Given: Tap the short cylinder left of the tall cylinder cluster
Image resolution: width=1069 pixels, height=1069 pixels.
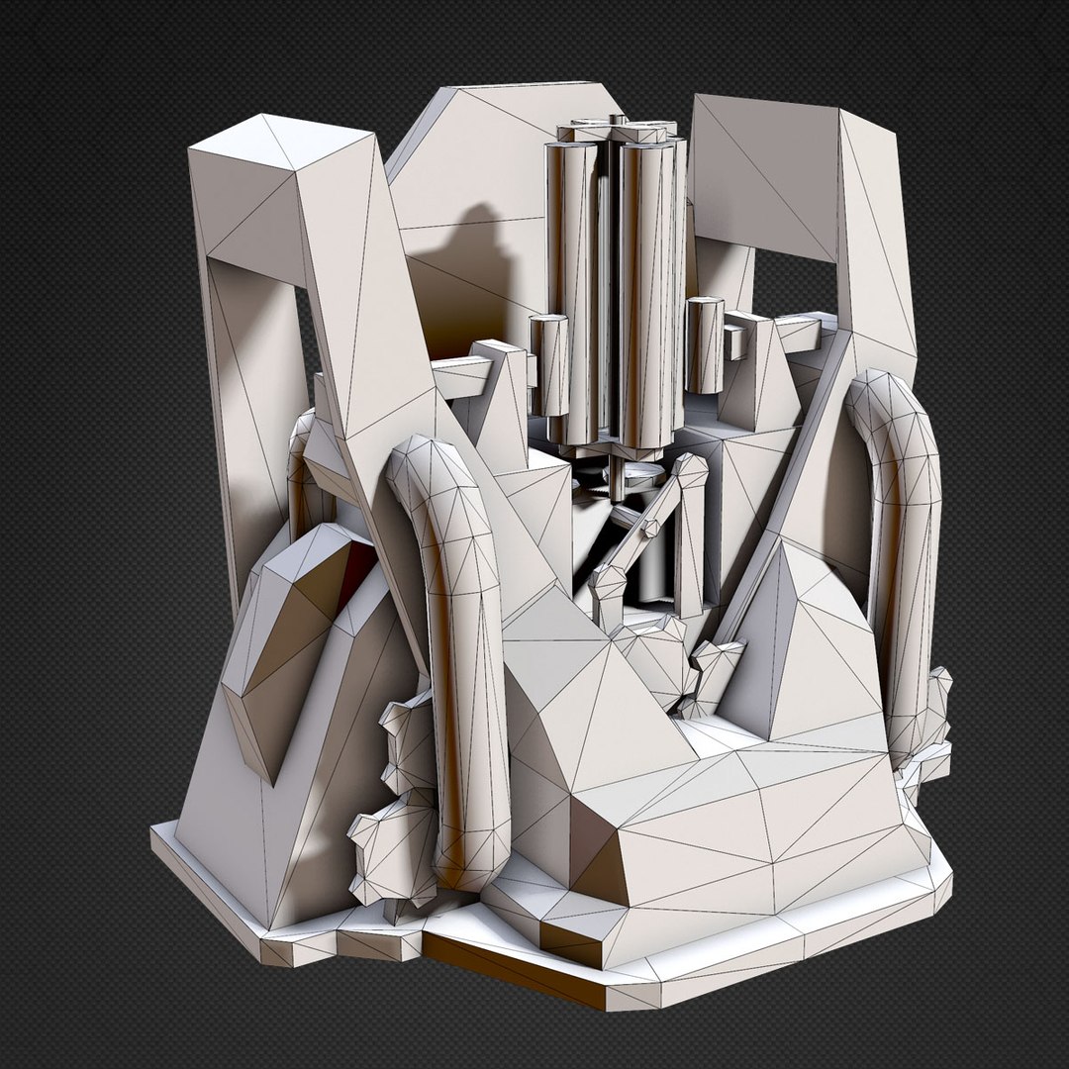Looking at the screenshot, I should click(550, 366).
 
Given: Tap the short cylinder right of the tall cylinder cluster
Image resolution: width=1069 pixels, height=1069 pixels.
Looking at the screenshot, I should click(705, 346).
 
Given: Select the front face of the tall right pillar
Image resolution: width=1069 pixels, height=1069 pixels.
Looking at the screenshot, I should click(876, 247).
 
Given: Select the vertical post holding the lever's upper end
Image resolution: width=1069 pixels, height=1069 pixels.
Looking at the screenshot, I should click(690, 534).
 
